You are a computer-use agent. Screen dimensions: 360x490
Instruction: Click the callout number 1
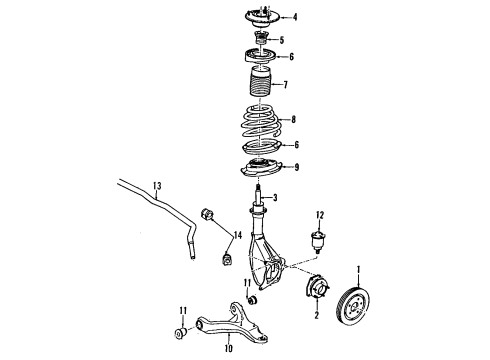(x=361, y=268)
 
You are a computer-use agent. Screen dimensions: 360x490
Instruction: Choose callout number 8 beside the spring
(x=293, y=119)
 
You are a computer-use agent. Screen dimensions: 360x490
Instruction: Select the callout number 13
(x=156, y=185)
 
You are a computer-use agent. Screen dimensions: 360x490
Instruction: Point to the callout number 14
(x=238, y=235)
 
